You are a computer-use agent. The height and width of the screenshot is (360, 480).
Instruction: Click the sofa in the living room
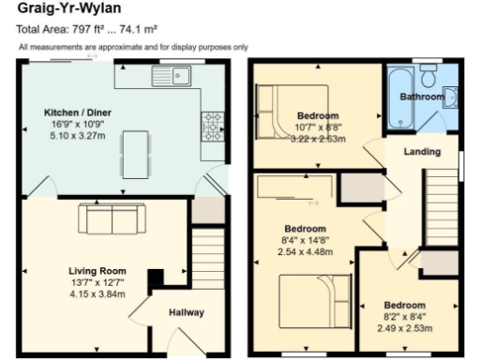111,219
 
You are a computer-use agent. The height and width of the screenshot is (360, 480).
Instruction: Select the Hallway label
187,312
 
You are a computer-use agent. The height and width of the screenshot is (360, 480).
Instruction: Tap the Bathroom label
422,97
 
